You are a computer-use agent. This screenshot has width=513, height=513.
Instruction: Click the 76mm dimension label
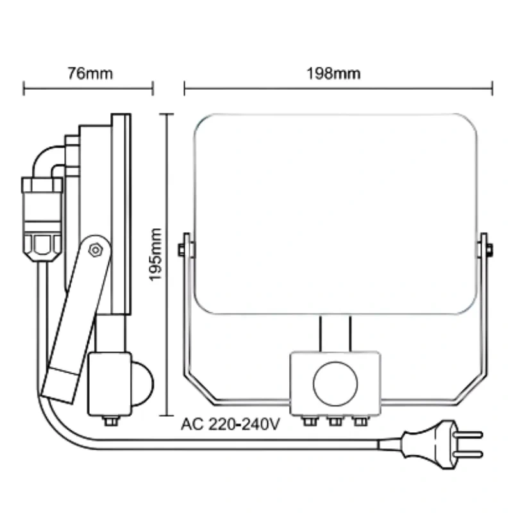(x=90, y=73)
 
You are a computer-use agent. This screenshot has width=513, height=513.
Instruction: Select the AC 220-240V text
(x=231, y=425)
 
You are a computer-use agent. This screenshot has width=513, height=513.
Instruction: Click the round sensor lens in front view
(x=335, y=383)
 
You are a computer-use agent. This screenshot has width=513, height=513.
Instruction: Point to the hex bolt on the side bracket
(x=95, y=249)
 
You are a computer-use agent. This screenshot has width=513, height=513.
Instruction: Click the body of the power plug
(x=430, y=444)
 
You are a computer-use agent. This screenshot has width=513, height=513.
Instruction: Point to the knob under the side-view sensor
(x=110, y=421)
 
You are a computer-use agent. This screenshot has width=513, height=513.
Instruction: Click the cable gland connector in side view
(x=42, y=218)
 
